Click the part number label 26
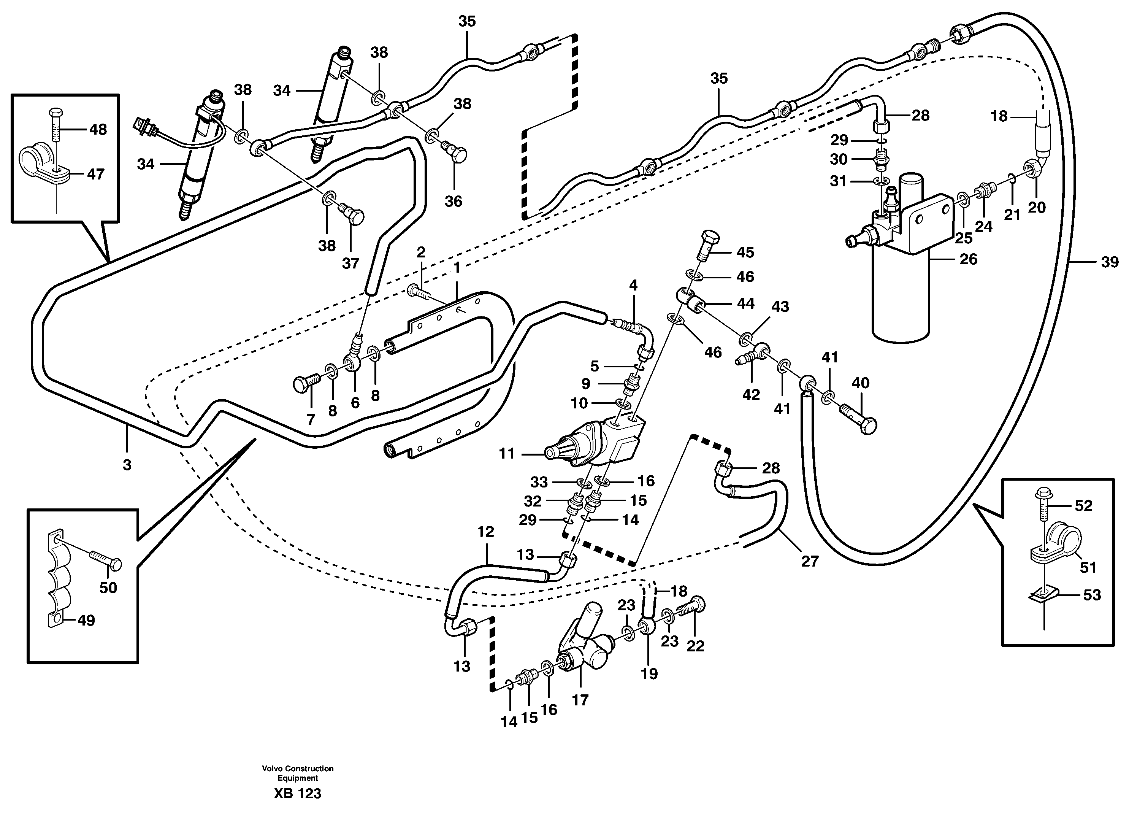pos(968,259)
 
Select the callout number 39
pos(1109,262)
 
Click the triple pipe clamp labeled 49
pos(59,578)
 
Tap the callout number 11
pos(506,454)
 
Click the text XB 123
pos(297,794)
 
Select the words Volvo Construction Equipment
pos(298,773)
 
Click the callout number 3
pos(127,465)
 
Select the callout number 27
pos(810,561)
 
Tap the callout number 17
pos(580,700)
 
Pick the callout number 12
pos(485,532)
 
